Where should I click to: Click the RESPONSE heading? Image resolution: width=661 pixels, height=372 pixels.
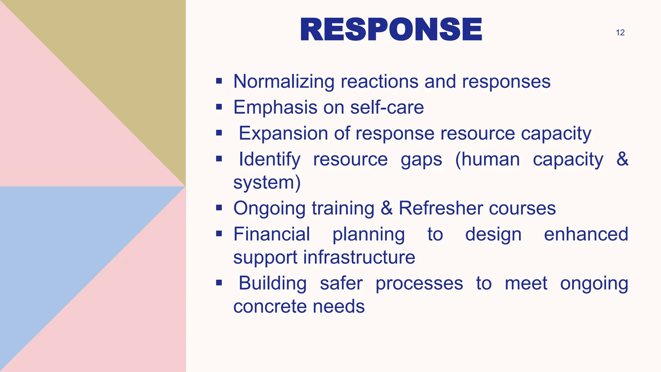click(x=391, y=30)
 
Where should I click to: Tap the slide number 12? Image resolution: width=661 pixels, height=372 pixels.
click(x=620, y=33)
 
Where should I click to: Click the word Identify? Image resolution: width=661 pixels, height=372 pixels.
click(x=269, y=160)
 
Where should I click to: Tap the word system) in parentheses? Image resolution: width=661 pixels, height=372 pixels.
click(x=267, y=182)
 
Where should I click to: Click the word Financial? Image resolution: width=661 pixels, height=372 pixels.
click(x=271, y=234)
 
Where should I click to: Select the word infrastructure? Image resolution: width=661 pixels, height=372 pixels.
click(x=359, y=257)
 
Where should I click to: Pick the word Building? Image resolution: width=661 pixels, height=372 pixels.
click(x=272, y=283)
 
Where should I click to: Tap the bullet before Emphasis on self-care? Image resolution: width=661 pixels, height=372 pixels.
click(x=219, y=107)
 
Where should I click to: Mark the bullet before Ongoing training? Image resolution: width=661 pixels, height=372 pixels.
click(x=219, y=208)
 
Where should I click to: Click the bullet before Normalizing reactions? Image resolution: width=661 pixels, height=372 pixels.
click(x=219, y=81)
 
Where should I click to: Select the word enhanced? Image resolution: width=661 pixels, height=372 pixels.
click(x=586, y=234)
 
